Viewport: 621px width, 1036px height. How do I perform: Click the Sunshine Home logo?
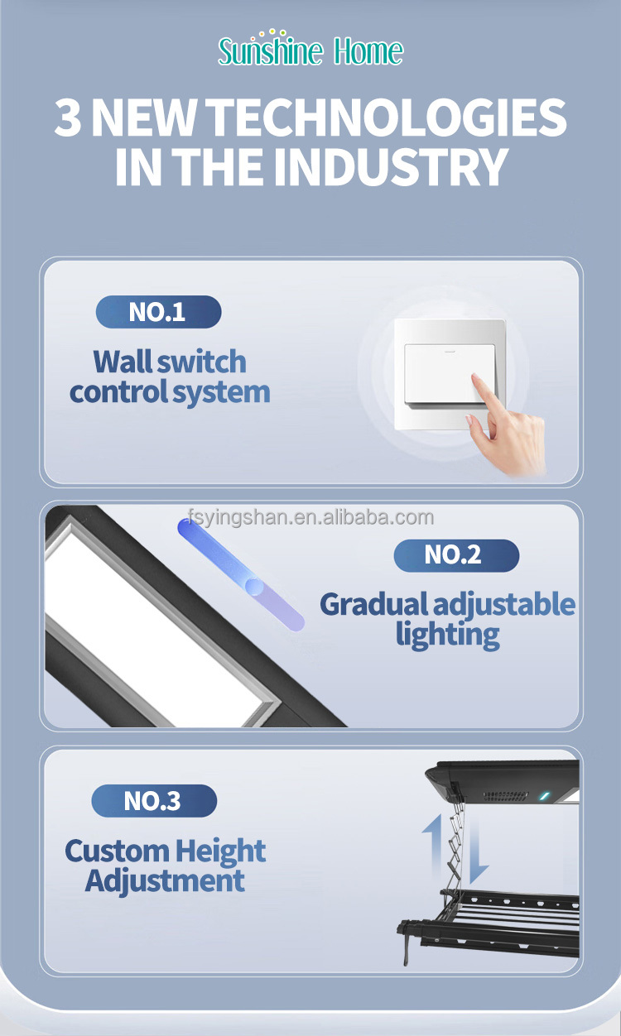click(310, 50)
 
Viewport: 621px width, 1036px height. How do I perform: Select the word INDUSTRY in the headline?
click(390, 166)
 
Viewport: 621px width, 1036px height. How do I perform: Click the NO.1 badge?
click(158, 312)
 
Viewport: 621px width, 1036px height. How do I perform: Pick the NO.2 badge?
click(455, 554)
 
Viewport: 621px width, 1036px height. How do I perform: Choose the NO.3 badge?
click(153, 800)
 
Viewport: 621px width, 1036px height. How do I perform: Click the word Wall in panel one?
click(123, 362)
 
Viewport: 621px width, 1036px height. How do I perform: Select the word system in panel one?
click(220, 392)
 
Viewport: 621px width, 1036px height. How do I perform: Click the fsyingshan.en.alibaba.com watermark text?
click(310, 518)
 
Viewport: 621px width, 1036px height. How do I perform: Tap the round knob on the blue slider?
click(255, 587)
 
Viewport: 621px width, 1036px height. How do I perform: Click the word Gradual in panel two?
click(374, 604)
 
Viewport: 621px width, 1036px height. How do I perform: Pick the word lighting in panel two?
click(447, 635)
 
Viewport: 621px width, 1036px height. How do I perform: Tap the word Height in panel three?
click(220, 851)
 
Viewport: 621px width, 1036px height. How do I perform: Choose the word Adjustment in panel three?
click(165, 880)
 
